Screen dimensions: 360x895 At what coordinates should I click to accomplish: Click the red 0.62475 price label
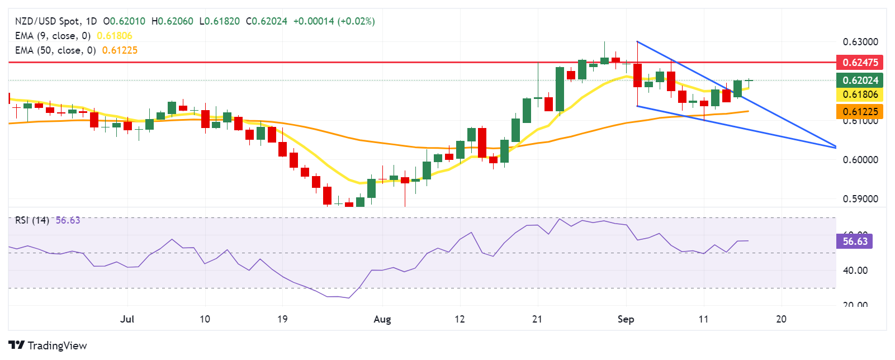point(859,62)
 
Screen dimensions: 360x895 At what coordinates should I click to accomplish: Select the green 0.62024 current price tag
point(859,80)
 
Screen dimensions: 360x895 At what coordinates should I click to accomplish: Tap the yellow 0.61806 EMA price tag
point(859,94)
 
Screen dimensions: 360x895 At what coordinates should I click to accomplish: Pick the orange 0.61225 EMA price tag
point(859,111)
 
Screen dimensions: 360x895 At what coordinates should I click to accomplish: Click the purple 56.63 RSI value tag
point(855,241)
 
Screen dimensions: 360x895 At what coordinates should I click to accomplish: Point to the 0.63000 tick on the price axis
point(860,42)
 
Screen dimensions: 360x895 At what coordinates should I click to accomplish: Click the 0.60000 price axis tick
point(860,160)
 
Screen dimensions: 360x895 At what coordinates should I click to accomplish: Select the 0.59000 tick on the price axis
point(860,199)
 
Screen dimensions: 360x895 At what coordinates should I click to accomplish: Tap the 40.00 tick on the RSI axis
point(855,271)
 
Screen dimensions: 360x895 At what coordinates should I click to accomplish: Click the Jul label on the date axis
point(127,319)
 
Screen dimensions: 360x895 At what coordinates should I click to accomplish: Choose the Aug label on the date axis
point(382,319)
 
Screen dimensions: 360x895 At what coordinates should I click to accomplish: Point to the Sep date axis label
point(626,319)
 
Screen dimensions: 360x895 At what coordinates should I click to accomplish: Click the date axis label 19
point(282,319)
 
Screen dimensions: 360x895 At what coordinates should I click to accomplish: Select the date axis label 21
point(537,319)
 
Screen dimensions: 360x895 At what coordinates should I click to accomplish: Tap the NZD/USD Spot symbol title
point(48,21)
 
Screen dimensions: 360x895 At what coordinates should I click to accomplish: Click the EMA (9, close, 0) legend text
point(53,36)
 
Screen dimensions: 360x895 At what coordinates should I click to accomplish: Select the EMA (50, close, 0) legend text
point(55,50)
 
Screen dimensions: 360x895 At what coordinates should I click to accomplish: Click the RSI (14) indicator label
point(32,220)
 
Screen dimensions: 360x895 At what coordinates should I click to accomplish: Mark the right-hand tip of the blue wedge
point(835,147)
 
